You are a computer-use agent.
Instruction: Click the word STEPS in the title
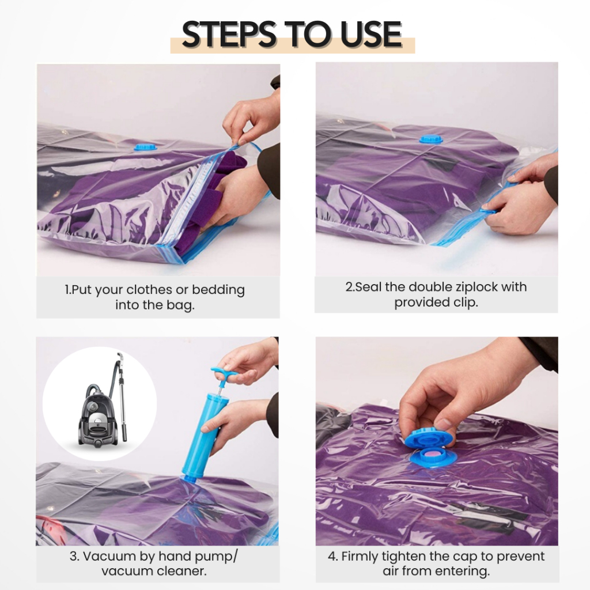tap(229, 34)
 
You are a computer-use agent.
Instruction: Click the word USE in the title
tap(370, 34)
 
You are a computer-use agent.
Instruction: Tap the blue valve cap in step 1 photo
tap(145, 146)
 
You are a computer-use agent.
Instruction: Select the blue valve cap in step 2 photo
tap(431, 139)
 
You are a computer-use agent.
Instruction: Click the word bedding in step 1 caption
tap(218, 290)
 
